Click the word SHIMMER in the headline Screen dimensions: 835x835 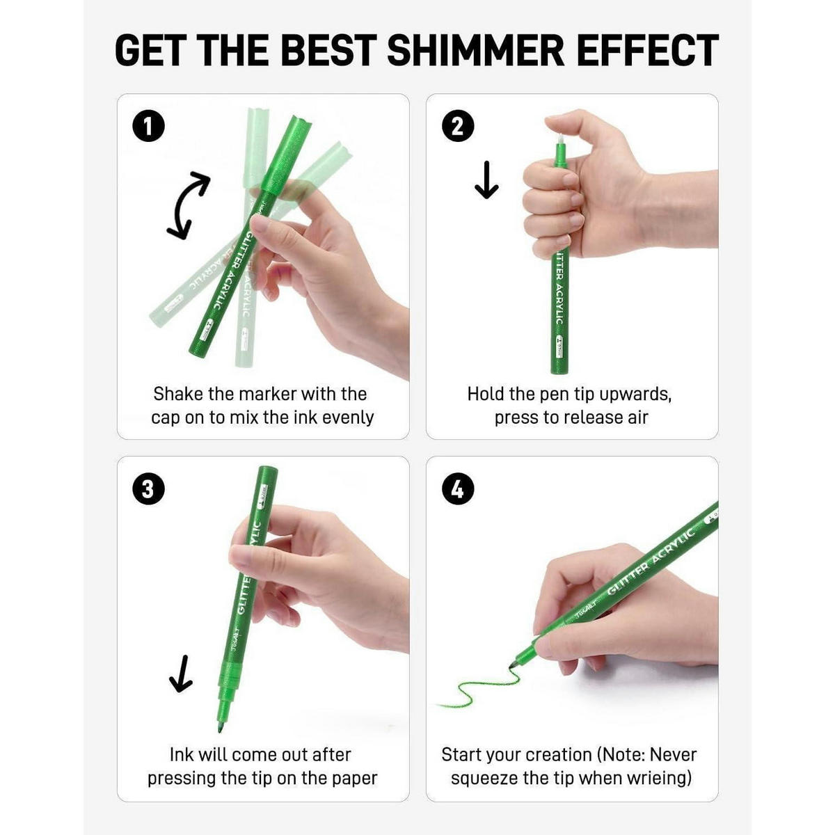tap(475, 51)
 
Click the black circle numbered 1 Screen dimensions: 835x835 tap(148, 127)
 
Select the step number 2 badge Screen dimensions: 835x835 tap(458, 126)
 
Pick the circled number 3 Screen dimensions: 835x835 tap(148, 488)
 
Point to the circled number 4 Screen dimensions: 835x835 tap(458, 488)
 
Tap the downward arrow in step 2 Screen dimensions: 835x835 tap(486, 180)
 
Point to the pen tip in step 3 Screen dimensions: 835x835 tap(220, 728)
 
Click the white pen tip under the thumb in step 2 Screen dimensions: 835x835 tap(560, 140)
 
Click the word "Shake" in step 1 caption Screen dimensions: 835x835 tap(178, 394)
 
